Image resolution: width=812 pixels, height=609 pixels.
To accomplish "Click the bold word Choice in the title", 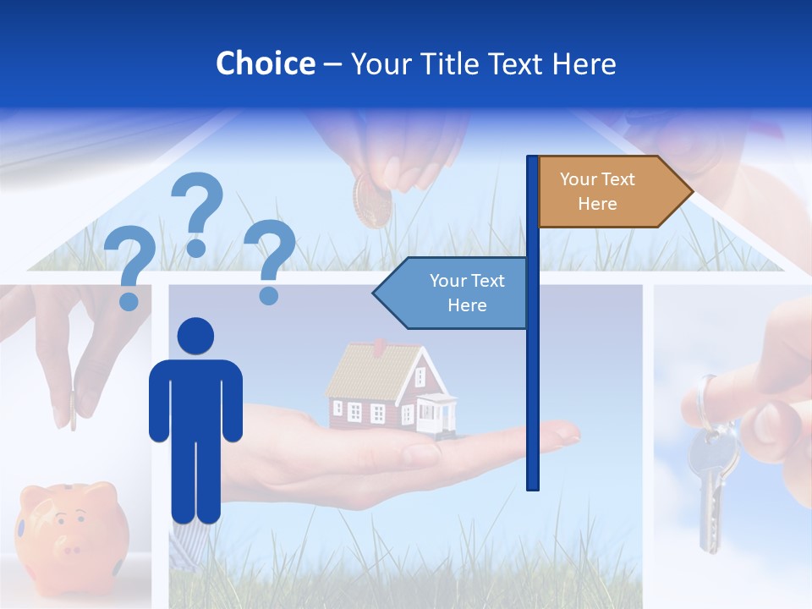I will [265, 63].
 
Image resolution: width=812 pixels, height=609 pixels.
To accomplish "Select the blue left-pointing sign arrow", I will [453, 293].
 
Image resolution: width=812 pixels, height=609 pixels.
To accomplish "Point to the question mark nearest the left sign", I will [270, 258].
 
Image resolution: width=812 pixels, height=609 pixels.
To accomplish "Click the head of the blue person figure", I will [195, 337].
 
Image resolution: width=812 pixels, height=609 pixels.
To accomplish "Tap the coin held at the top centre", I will [373, 200].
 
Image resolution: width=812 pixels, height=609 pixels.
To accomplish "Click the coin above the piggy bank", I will [73, 410].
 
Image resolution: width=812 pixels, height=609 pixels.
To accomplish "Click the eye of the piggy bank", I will [80, 513].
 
